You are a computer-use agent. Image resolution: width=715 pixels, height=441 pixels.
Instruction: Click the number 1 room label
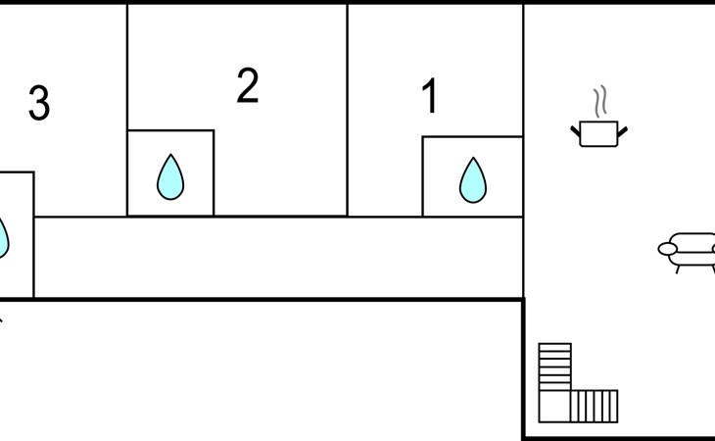coord(430,95)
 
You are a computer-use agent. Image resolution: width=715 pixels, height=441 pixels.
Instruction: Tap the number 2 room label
coord(248,85)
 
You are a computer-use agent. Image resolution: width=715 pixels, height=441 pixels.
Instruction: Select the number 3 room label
coord(39,103)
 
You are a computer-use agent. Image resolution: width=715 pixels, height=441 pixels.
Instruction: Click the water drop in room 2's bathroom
coord(170,177)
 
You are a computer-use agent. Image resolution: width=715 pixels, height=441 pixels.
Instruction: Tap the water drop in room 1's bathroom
coord(473,180)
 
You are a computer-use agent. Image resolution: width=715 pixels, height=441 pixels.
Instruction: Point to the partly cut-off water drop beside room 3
coord(4,238)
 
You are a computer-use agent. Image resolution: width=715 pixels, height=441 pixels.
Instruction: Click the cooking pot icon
coord(598,133)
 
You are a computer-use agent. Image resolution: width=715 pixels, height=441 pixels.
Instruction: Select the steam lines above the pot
coord(600,101)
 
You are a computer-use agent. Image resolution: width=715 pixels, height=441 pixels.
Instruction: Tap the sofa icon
coord(687,253)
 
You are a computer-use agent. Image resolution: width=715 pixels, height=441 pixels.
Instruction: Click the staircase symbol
coord(578,383)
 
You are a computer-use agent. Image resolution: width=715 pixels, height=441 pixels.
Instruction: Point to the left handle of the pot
coord(576,131)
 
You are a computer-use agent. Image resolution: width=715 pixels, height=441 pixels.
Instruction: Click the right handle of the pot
coord(622,131)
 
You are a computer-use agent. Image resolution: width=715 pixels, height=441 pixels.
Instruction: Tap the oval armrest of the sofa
coord(668,249)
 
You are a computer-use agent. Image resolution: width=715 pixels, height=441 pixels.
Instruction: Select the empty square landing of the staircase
coord(554,407)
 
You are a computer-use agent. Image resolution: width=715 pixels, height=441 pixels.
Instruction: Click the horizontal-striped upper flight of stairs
coord(555,367)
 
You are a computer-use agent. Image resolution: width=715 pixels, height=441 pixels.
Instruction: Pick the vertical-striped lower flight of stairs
coord(595,407)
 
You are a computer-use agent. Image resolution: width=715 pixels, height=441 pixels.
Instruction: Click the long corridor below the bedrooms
coord(278,258)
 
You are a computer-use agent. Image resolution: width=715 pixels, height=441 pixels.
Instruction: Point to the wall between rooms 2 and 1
coord(347,110)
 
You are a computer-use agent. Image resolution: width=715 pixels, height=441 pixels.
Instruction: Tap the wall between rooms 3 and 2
coord(126,110)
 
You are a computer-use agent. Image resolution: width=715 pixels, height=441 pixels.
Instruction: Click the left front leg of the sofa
coord(678,269)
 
